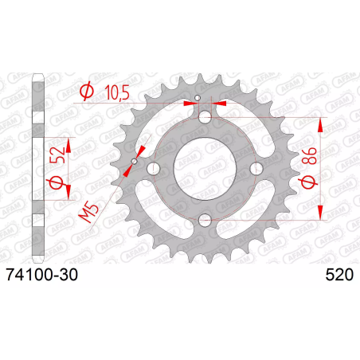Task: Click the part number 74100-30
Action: pyautogui.click(x=42, y=275)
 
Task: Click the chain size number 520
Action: pyautogui.click(x=339, y=275)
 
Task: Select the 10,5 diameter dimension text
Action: pyautogui.click(x=117, y=92)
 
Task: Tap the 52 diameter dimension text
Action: pyautogui.click(x=57, y=155)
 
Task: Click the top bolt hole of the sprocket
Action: pyautogui.click(x=205, y=117)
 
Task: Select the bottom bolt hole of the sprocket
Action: pyautogui.click(x=205, y=220)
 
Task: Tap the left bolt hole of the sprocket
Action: pyautogui.click(x=154, y=168)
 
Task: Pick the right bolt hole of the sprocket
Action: pyautogui.click(x=256, y=168)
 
